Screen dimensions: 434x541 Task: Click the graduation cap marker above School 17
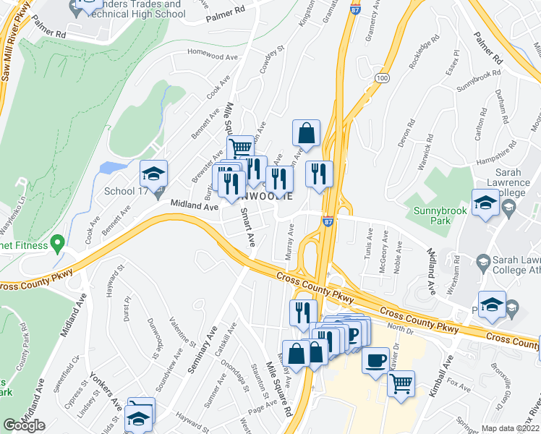pyautogui.click(x=153, y=174)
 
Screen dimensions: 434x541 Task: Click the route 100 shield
pyautogui.click(x=383, y=77)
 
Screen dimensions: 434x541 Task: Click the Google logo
pyautogui.click(x=24, y=425)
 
